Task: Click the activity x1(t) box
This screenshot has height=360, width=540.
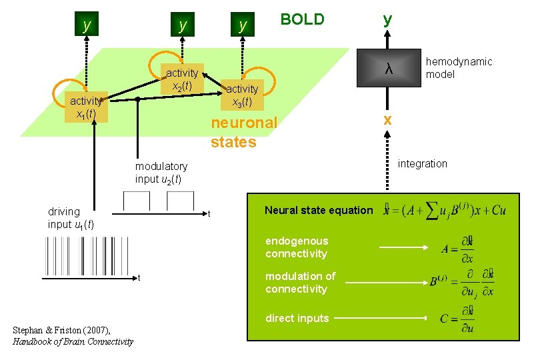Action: tap(85, 107)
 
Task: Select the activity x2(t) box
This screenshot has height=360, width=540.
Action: tap(181, 79)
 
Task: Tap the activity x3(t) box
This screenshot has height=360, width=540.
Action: tap(241, 95)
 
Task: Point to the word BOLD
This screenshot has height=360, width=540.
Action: tap(302, 19)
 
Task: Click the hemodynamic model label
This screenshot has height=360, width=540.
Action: tap(459, 68)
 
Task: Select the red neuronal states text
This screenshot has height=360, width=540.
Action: tap(243, 133)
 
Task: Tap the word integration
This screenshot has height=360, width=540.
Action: tap(423, 163)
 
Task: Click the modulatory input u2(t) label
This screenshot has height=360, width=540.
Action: tap(161, 173)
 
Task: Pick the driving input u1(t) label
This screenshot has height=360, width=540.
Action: tap(70, 218)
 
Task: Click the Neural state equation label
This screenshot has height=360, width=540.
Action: tap(319, 210)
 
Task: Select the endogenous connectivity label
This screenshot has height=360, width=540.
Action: tap(297, 247)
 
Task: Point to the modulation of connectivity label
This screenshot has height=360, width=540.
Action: tap(300, 283)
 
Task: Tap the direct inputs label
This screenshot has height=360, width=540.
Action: tap(297, 318)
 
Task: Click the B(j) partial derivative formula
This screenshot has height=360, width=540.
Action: tap(461, 283)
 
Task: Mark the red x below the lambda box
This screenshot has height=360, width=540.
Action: tap(387, 120)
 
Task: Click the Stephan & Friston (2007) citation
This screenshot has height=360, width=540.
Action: tap(73, 336)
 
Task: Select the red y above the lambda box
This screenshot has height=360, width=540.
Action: tap(387, 20)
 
